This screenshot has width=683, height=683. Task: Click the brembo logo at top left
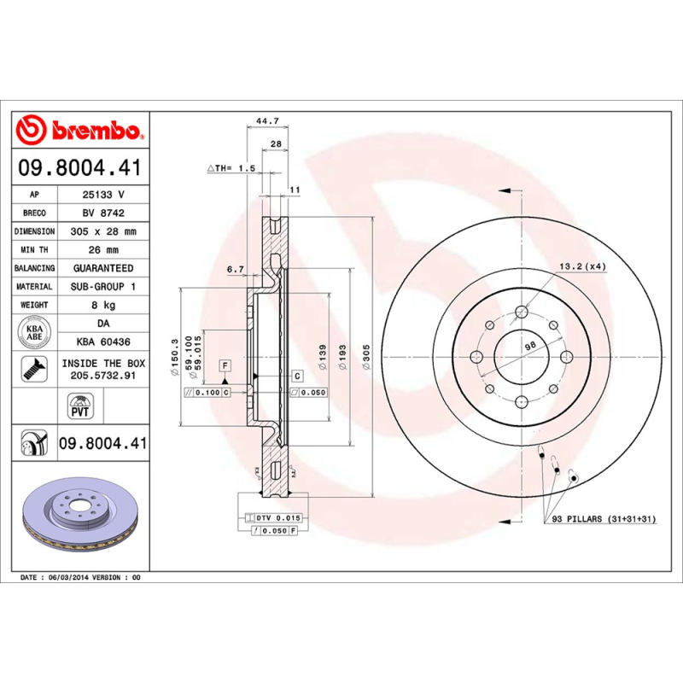coord(79,131)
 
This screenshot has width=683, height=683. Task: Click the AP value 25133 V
coord(103,195)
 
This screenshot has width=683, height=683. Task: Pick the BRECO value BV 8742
coord(103,213)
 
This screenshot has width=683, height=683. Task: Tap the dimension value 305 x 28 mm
coord(103,231)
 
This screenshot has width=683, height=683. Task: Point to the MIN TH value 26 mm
coord(103,250)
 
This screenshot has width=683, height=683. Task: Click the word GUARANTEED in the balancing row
coord(103,268)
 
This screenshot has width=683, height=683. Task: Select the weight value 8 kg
coord(103,305)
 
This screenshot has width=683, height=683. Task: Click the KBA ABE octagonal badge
coord(35,331)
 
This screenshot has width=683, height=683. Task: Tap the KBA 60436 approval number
coord(103,341)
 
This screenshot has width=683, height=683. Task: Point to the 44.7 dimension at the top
coord(268,122)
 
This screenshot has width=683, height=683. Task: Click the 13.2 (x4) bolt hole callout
coord(582,267)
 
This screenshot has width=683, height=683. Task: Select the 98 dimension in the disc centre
coord(528,345)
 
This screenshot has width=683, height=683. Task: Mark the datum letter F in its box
coord(225,365)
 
